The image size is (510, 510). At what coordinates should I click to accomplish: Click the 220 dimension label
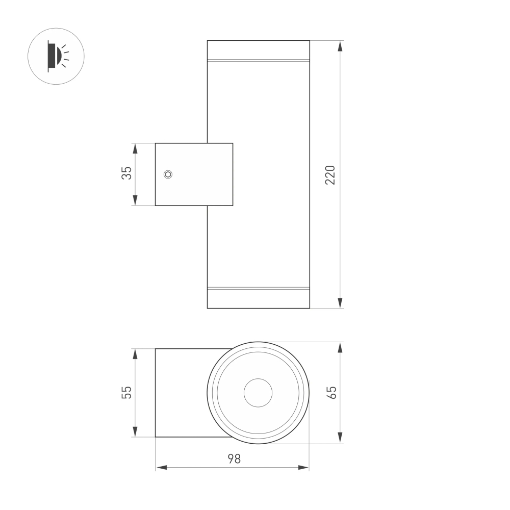coord(330,174)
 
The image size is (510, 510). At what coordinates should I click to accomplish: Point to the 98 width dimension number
coord(233,458)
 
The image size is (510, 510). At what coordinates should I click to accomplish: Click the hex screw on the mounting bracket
coord(168,174)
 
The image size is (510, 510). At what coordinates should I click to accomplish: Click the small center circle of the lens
coord(258,393)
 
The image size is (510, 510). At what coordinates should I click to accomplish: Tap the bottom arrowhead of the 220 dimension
coord(340,303)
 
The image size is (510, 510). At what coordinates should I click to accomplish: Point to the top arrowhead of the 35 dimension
coord(135,148)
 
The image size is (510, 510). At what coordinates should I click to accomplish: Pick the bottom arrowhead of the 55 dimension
coord(135,432)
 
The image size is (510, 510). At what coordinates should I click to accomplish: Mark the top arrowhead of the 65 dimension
coord(340,347)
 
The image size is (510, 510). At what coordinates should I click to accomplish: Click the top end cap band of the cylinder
coord(258,50)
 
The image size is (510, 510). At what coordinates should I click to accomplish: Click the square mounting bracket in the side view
coord(194,174)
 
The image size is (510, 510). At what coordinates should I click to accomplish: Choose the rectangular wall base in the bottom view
coord(181,393)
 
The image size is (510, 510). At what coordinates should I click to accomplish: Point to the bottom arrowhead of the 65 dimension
coord(340,438)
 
